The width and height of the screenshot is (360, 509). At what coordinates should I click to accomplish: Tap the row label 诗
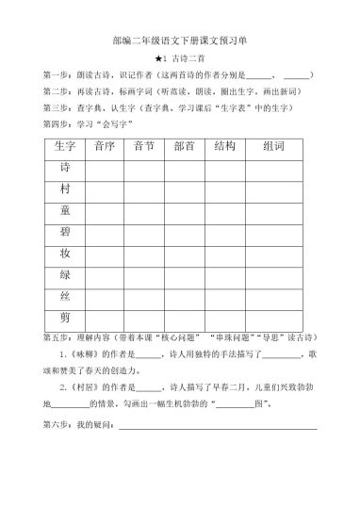pyautogui.click(x=65, y=169)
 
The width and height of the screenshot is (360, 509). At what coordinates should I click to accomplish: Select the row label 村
pyautogui.click(x=65, y=189)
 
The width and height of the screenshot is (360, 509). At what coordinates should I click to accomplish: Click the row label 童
pyautogui.click(x=65, y=210)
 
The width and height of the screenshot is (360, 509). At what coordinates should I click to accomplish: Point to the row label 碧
pyautogui.click(x=65, y=231)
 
